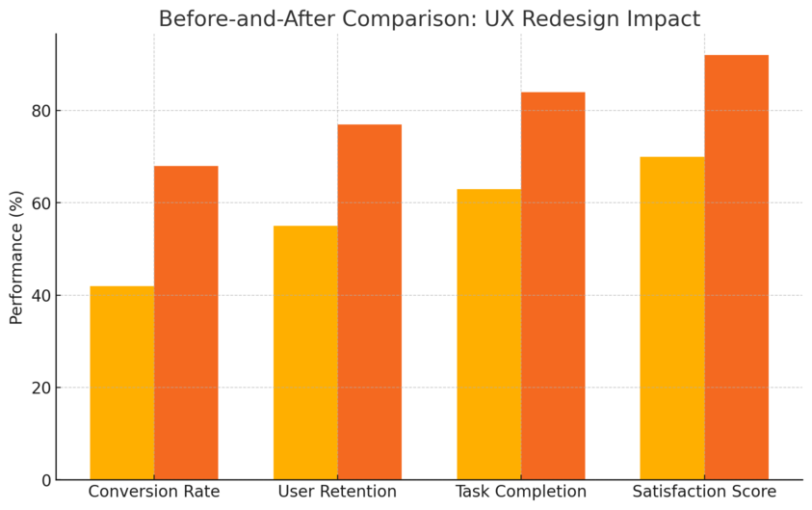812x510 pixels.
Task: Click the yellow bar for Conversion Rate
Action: point(122,383)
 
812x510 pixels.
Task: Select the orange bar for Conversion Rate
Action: point(186,323)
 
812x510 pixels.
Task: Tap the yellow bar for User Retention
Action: point(305,353)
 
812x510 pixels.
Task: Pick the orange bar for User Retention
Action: point(369,302)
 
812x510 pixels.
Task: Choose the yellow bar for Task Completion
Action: point(488,335)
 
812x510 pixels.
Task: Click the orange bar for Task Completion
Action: point(553,285)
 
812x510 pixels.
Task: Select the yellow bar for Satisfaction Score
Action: point(672,318)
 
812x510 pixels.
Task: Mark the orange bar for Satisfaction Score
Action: point(736,267)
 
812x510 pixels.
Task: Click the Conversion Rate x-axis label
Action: point(154,492)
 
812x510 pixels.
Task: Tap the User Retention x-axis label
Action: point(337,492)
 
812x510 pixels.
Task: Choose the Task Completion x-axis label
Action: point(521,492)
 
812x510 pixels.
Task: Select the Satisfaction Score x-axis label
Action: point(704,492)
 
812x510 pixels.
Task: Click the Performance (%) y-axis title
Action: point(16,257)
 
